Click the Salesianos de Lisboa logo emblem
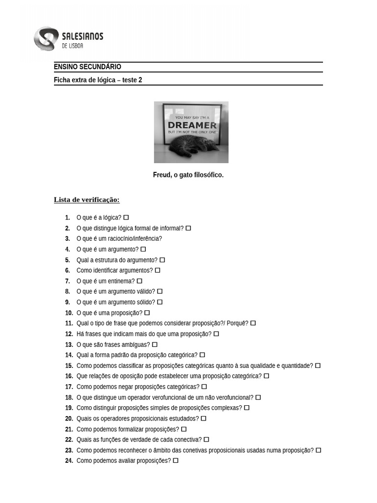46,39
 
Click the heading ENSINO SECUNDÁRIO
87,67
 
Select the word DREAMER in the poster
192,125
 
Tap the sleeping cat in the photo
189,146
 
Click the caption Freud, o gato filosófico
188,175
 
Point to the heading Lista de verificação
86,199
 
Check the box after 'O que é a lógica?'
126,217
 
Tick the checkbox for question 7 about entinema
139,281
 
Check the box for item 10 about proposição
147,313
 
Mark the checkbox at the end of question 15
318,365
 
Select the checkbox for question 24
176,461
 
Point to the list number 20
69,419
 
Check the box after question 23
318,450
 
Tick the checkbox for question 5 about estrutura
162,260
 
